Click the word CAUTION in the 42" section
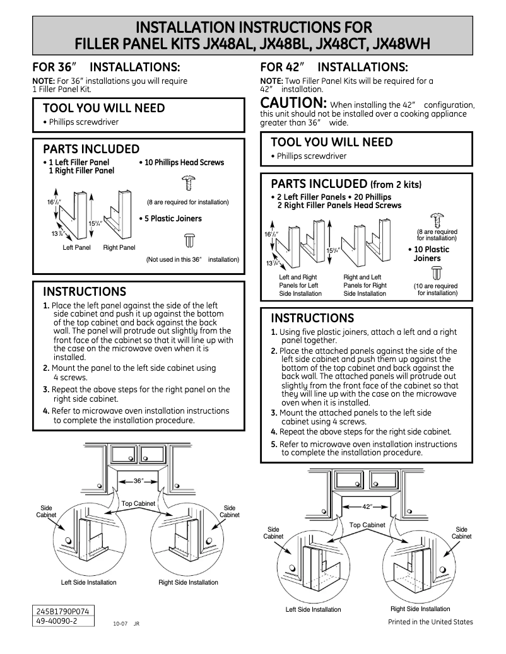click(293, 103)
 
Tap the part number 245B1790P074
click(63, 612)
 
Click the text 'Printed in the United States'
click(430, 622)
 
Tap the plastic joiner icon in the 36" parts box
click(188, 240)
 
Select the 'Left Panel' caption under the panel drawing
click(77, 248)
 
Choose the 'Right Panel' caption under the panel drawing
click(119, 248)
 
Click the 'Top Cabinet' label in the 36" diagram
click(139, 504)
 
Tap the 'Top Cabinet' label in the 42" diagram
click(367, 525)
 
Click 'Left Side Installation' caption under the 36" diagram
click(88, 582)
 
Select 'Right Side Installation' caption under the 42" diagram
click(420, 609)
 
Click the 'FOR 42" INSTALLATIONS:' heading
click(334, 67)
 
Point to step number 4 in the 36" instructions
click(46, 411)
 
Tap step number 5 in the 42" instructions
click(274, 444)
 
